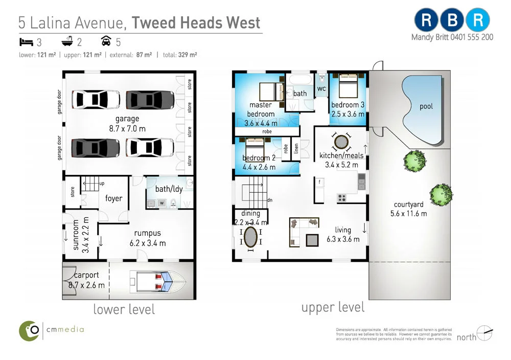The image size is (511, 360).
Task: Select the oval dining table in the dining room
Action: [250, 238]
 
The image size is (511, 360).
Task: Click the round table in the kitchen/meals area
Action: [341, 141]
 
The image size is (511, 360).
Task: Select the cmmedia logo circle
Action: [30, 330]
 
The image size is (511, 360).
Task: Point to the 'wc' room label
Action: [321, 89]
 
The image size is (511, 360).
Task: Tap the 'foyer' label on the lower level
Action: [113, 198]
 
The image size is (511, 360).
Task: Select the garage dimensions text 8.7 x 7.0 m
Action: [127, 128]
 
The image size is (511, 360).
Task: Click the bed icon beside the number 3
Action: [26, 41]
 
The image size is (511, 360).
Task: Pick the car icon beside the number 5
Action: [106, 41]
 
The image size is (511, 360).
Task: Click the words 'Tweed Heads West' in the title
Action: [196, 22]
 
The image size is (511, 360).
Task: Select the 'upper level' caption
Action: [333, 307]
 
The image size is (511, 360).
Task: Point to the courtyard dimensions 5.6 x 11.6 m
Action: [408, 213]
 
